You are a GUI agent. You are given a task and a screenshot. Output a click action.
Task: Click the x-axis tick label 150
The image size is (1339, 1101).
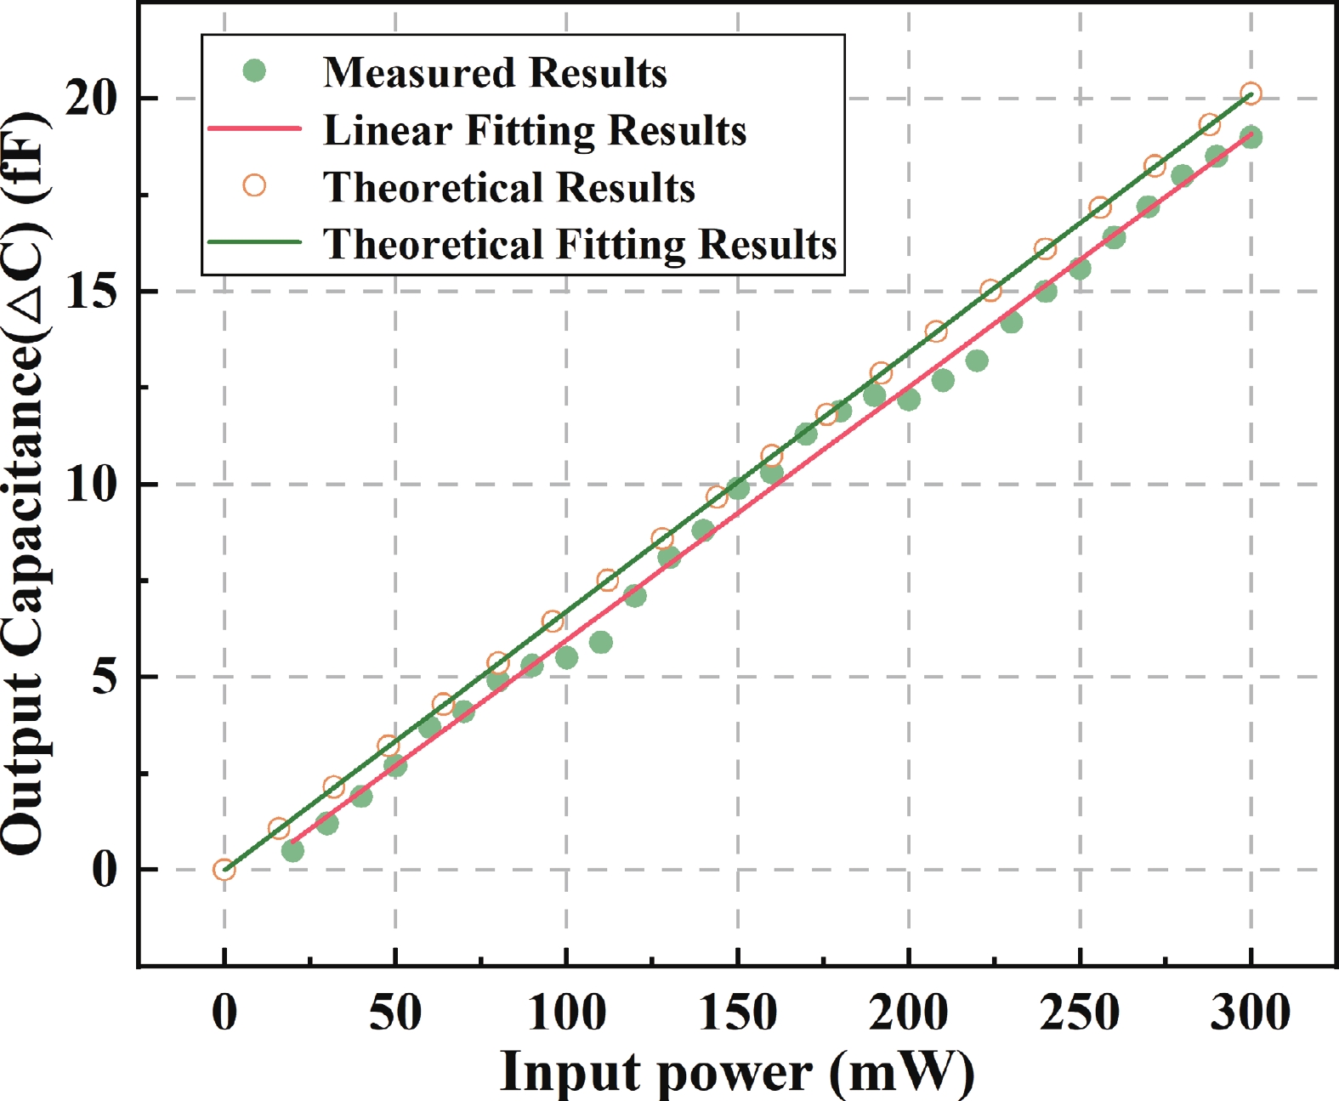click(737, 1013)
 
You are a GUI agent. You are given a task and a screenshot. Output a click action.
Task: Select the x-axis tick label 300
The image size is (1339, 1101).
click(1250, 1013)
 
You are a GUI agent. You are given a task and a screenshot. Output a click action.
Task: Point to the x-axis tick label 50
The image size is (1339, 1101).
click(395, 1013)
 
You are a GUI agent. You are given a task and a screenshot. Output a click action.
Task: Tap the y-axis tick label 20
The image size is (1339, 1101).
click(92, 99)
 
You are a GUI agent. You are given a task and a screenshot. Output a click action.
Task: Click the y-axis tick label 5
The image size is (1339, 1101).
click(105, 678)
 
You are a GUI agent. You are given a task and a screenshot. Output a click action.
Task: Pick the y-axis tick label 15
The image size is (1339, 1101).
click(92, 292)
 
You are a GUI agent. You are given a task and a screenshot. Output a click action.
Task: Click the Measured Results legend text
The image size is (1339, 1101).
click(495, 73)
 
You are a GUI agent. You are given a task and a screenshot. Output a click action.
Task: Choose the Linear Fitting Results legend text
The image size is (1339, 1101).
click(535, 130)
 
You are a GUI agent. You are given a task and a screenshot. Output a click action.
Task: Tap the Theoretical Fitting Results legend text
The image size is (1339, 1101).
click(580, 244)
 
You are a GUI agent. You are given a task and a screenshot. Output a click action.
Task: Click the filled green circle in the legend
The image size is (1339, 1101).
click(254, 71)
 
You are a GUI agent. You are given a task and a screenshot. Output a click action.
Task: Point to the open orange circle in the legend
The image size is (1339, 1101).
click(254, 185)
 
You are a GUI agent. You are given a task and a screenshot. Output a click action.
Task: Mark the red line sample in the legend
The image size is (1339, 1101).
click(254, 129)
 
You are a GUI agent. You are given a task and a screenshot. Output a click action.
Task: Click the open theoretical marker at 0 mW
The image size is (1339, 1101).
click(224, 869)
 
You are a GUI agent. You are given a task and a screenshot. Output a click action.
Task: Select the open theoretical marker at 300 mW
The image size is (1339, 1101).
click(1251, 94)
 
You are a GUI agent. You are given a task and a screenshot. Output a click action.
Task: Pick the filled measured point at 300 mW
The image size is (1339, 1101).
click(1251, 137)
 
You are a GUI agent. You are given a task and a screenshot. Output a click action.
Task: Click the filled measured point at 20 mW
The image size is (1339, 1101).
click(292, 850)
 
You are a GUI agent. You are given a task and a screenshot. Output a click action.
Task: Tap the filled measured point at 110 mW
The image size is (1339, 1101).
click(600, 642)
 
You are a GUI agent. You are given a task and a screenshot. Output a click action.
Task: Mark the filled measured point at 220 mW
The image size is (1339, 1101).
click(977, 360)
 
